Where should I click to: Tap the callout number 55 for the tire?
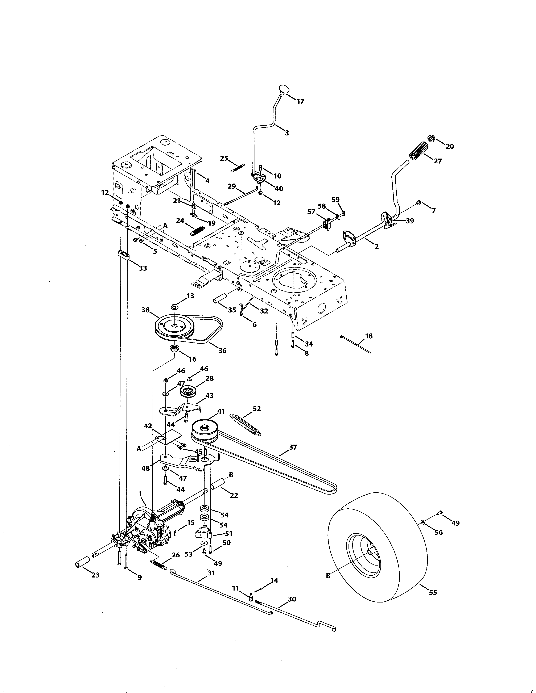coord(433,592)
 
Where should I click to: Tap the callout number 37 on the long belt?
coord(293,447)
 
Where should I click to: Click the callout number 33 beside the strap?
coord(143,268)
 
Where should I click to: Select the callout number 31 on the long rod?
coord(211,573)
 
